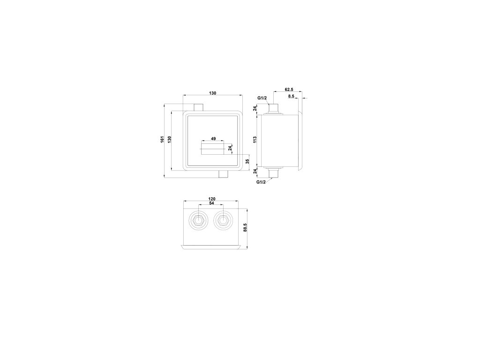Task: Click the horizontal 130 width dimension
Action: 213,93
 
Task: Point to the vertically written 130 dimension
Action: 169,139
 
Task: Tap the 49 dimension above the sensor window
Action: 213,139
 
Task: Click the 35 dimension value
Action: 247,161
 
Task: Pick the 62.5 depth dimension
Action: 289,90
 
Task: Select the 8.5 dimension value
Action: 291,96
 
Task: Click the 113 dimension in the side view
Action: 255,140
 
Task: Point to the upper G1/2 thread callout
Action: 262,98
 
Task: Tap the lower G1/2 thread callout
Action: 261,182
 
